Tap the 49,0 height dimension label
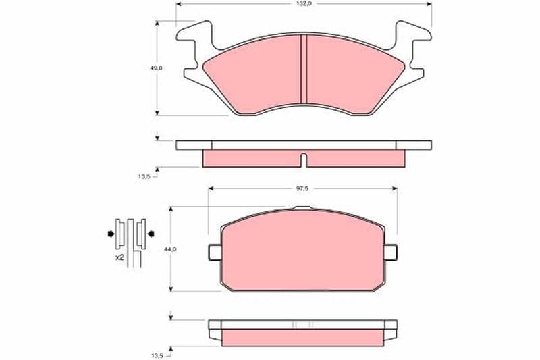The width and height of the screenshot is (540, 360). pos(156,68)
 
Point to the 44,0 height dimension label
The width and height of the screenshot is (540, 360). pos(170,249)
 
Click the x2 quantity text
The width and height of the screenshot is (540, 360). pos(119,257)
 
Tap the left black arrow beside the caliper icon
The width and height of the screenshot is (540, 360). pos(111,234)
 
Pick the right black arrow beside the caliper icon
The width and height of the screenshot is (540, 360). pos(151,234)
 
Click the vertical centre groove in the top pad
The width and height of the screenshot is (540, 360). pos(303,69)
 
